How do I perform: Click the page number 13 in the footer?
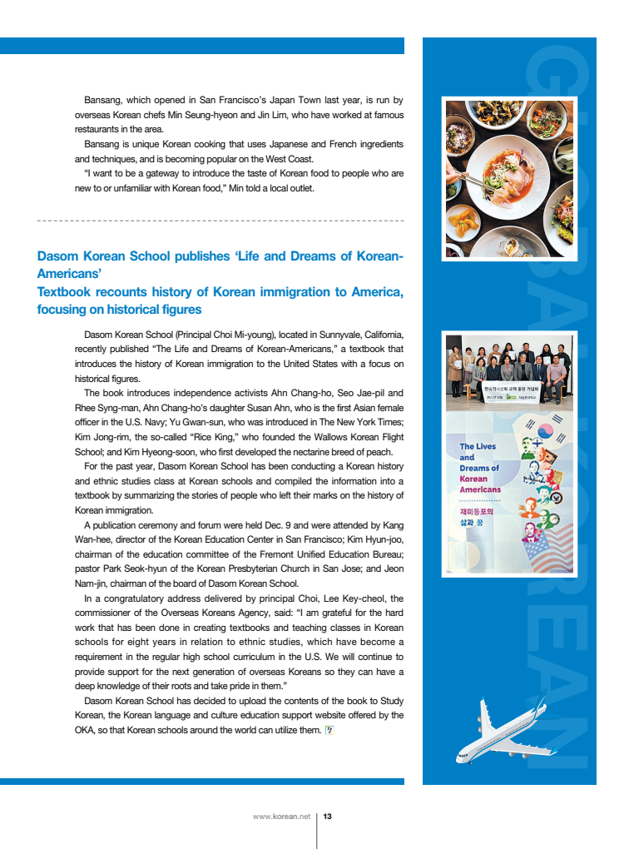pos(327,817)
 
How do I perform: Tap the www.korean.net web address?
pos(281,817)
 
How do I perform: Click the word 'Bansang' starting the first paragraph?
pos(104,100)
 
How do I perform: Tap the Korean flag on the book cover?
pos(546,431)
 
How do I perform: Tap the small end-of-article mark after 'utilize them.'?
pos(328,730)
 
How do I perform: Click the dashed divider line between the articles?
pos(220,221)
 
